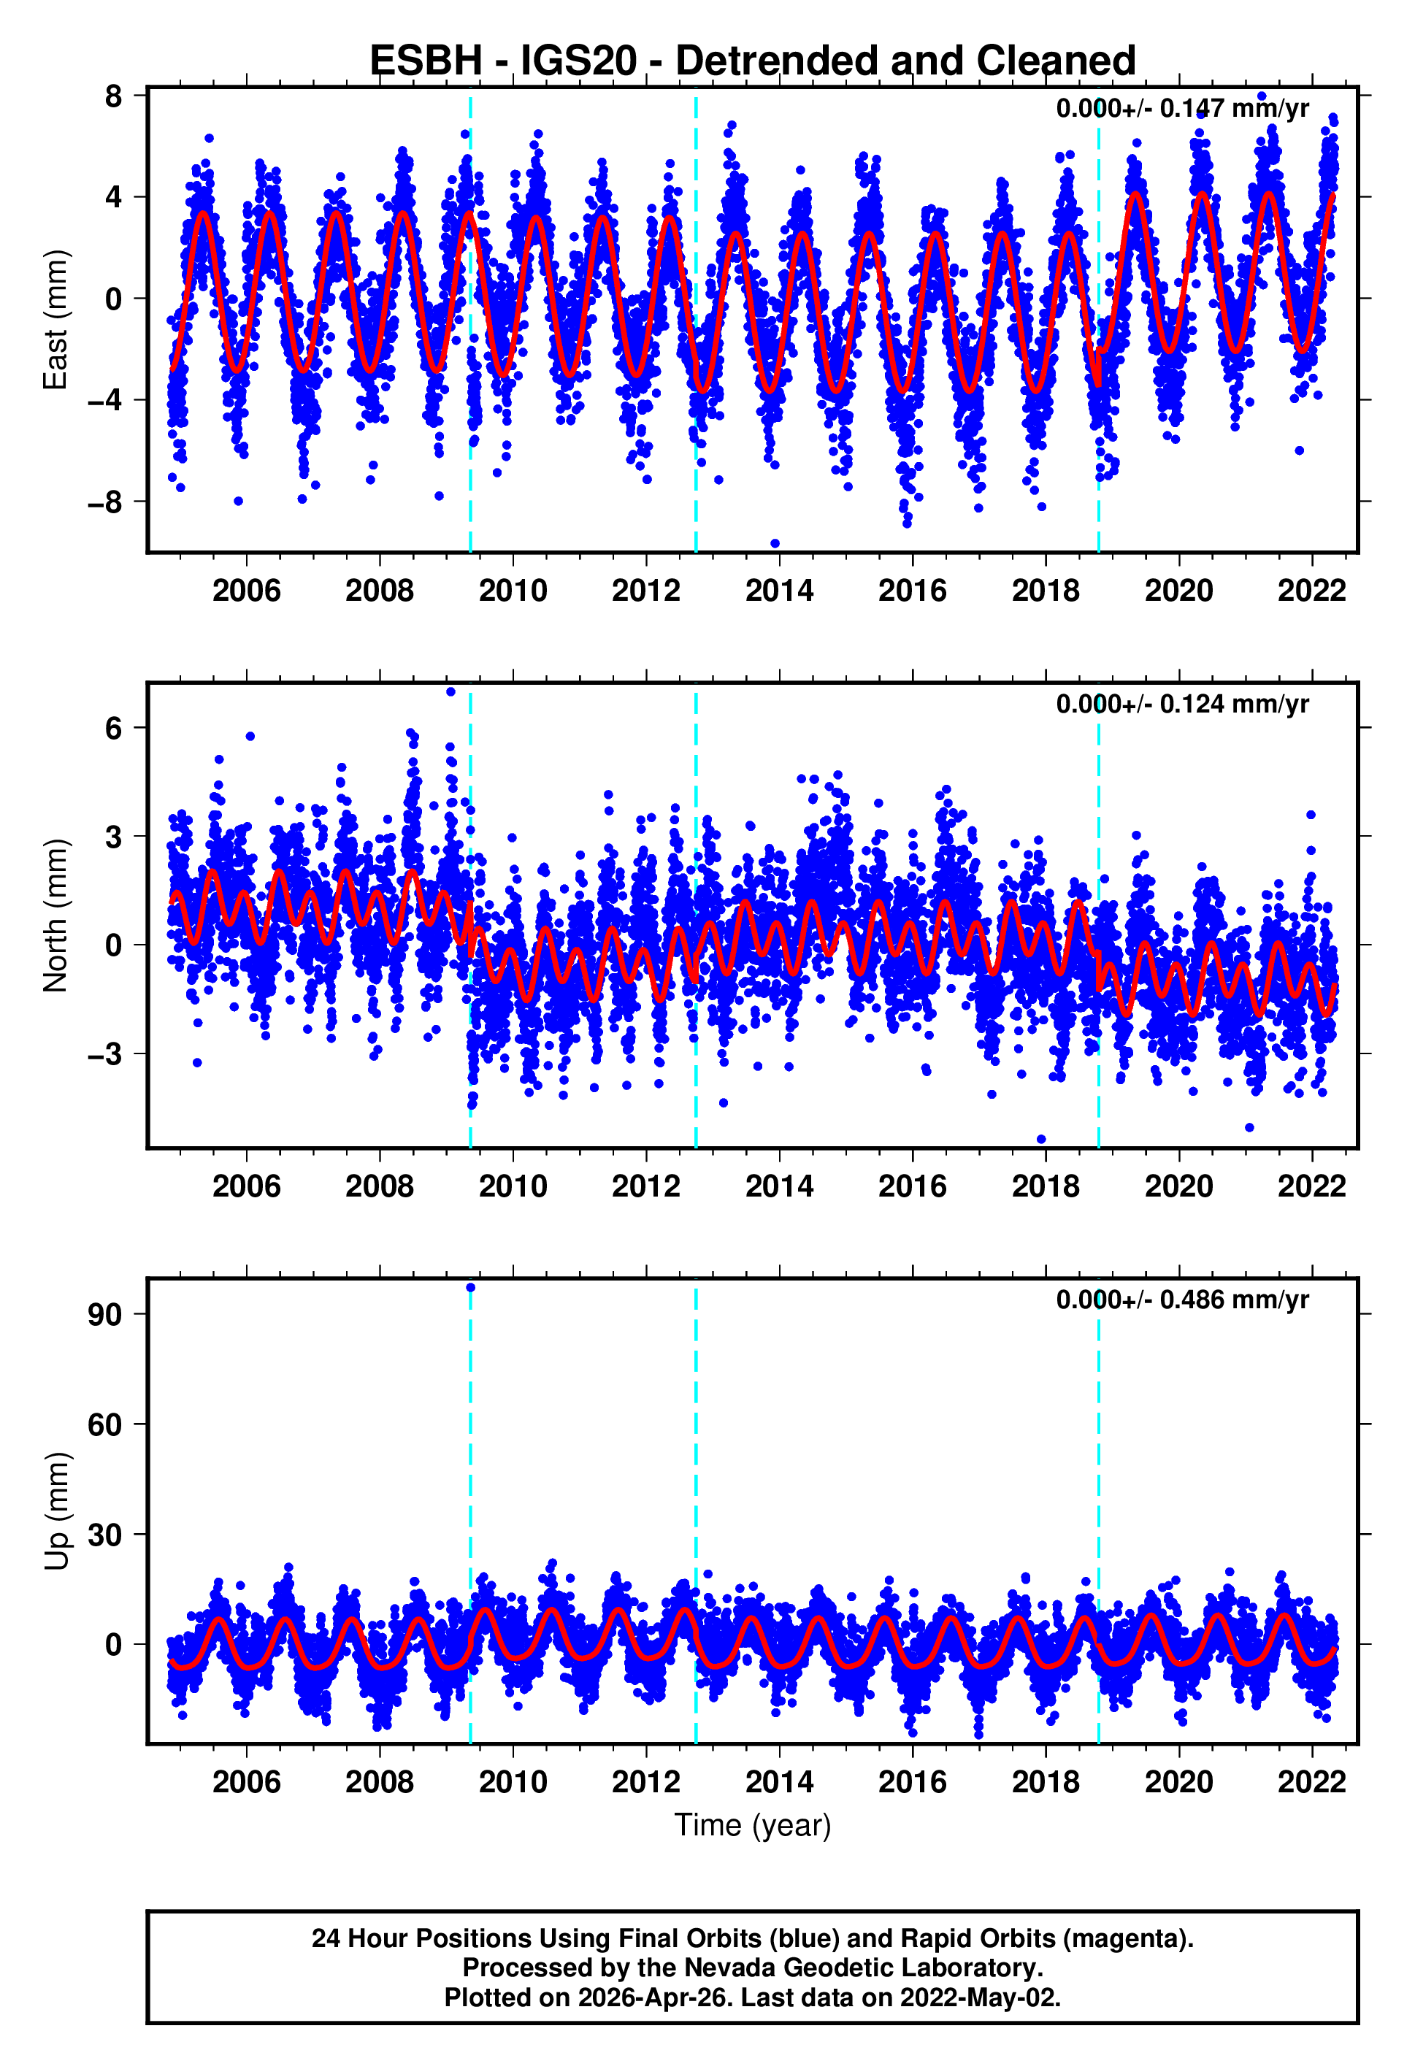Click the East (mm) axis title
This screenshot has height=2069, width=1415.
55,320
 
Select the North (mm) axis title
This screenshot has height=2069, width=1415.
55,915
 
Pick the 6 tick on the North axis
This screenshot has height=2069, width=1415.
113,729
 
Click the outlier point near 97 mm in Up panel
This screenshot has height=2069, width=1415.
470,1287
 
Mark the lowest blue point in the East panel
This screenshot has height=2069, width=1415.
775,543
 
